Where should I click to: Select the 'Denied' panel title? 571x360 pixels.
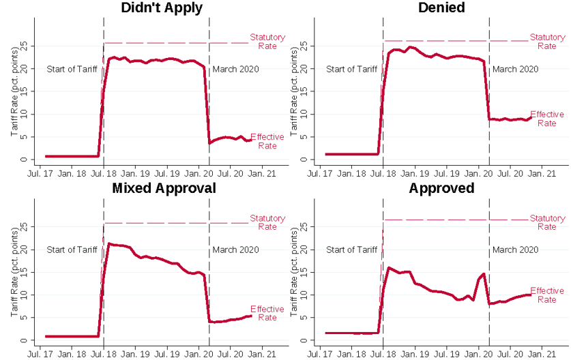441,8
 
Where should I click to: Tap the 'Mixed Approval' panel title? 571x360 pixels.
164,188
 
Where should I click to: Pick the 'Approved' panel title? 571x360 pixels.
441,188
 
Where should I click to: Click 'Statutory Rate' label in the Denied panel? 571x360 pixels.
547,42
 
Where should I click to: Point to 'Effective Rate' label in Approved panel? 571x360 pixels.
547,295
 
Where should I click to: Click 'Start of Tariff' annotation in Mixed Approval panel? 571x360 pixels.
72,250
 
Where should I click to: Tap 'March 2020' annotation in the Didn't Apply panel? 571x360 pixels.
235,69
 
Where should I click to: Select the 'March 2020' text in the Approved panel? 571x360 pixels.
515,250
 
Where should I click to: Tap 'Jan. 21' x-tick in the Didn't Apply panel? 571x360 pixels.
261,174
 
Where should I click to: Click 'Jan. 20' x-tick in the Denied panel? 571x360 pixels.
479,174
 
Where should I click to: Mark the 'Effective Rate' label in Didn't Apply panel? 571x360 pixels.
267,141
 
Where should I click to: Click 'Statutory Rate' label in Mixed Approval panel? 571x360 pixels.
267,222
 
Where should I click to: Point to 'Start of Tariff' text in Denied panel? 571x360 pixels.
352,69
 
